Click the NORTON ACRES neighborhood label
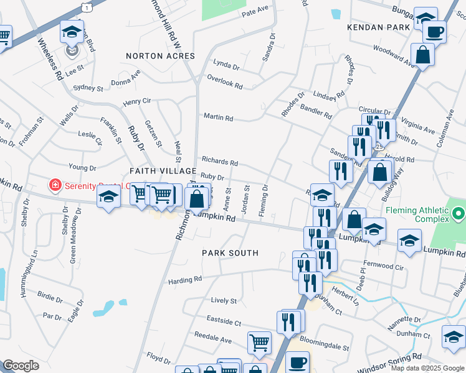tap(160, 56)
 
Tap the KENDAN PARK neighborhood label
tap(379, 27)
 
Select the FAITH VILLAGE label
tap(158, 170)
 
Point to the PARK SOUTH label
tap(230, 253)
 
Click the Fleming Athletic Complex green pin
tap(460, 215)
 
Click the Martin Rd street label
tap(218, 117)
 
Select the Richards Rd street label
tap(219, 162)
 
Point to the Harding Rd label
tap(185, 281)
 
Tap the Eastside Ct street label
tap(226, 322)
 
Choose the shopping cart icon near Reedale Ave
tap(259, 341)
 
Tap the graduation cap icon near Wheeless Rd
tap(72, 30)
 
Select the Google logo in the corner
tap(21, 366)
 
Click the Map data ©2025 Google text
tap(427, 368)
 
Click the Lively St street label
tap(224, 300)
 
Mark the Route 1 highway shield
tap(85, 6)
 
